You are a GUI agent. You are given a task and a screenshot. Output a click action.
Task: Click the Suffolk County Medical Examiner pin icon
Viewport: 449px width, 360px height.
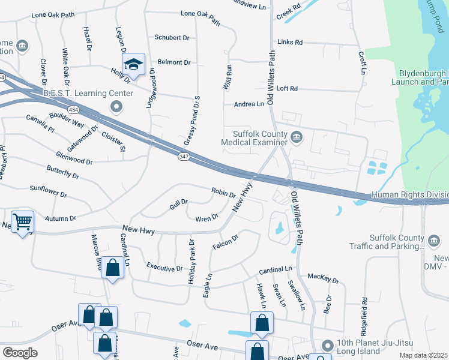coord(297,139)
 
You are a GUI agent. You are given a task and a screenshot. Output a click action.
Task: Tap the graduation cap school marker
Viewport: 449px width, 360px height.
coord(134,64)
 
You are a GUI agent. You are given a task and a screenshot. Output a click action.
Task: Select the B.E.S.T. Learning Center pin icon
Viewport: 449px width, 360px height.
coord(116,107)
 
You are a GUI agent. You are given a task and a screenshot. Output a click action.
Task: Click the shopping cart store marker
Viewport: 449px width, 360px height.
coord(23,221)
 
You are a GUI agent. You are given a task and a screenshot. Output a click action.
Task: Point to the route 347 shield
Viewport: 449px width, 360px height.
coord(184,157)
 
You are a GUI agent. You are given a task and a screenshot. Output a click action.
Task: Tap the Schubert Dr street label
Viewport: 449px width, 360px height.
coord(172,37)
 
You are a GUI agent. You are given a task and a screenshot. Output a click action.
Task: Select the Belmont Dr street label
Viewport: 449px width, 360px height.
coord(174,62)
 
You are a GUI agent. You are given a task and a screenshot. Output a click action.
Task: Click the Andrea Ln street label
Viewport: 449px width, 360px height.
coord(249,104)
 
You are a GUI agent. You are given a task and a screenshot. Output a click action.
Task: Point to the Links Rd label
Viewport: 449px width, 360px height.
coord(290,43)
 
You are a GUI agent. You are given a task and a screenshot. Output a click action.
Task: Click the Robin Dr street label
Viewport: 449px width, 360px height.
coord(223,193)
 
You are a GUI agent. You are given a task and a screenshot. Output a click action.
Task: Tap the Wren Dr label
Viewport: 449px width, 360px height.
coord(206,218)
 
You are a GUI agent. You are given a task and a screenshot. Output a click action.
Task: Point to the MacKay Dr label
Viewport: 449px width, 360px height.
coord(323,278)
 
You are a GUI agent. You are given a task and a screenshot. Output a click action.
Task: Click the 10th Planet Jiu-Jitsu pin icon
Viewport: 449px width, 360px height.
coord(327,346)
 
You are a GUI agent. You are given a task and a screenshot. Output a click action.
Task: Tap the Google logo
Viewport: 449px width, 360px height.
coord(20,353)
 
